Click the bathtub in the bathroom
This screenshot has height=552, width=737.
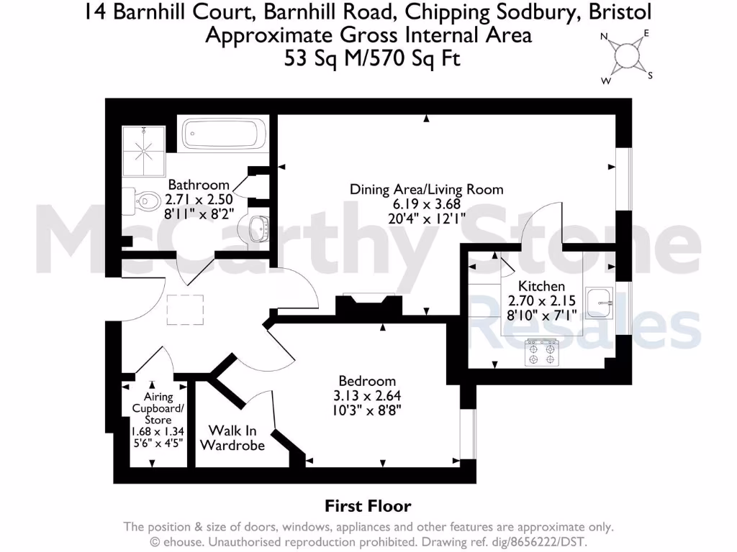225,134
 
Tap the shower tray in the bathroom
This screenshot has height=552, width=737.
143,150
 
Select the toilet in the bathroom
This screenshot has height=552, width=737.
144,198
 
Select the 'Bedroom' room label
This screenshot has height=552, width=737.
367,381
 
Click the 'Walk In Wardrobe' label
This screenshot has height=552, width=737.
232,438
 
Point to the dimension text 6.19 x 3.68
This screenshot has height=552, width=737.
426,203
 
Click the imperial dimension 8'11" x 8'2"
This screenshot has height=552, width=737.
198,213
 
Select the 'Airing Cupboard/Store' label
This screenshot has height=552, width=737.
158,408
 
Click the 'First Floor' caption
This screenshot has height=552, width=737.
368,506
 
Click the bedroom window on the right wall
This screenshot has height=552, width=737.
468,434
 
